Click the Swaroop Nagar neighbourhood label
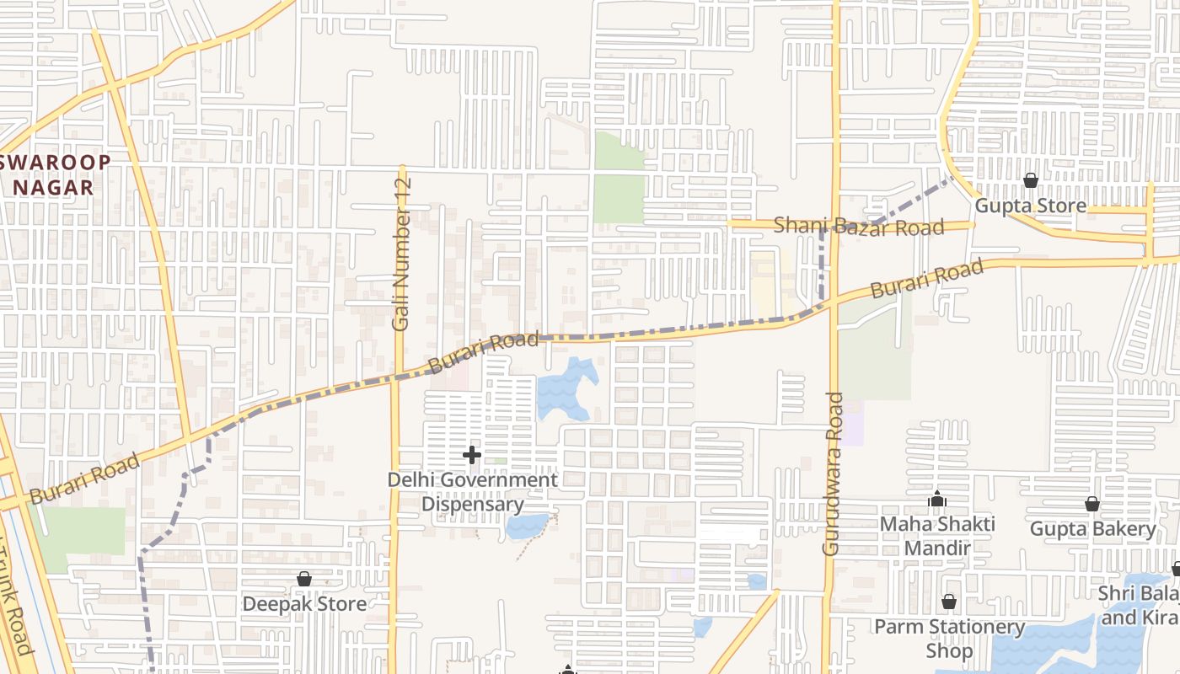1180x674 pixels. coord(59,174)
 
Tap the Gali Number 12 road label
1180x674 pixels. coord(402,254)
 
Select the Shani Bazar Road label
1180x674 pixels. coord(859,227)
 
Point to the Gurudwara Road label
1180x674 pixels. coord(832,473)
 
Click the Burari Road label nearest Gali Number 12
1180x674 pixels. coord(483,352)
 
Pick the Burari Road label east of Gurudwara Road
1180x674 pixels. coord(926,279)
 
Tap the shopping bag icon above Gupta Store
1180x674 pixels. coord(1030,180)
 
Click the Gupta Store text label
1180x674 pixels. coord(1030,206)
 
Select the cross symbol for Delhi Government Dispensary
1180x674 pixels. coord(472,456)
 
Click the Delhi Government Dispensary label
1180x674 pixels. coord(472,492)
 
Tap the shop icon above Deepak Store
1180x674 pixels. coord(304,580)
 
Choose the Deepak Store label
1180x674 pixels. coord(304,604)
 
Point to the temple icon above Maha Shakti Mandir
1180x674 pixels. coord(936,500)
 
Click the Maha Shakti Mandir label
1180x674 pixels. coord(937,536)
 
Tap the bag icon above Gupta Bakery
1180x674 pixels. coord(1092,504)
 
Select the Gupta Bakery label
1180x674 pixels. coord(1092,529)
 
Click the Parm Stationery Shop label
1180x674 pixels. coord(949,639)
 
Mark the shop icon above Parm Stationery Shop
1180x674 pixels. coord(949,602)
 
